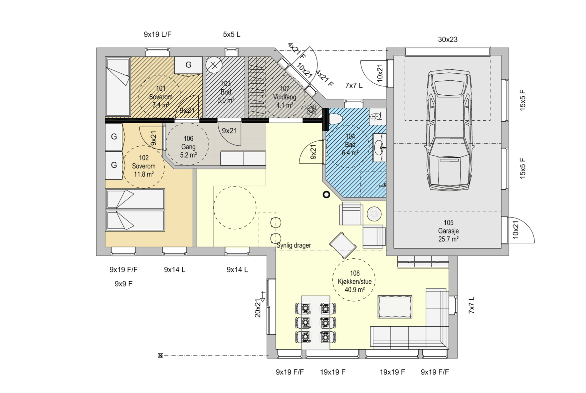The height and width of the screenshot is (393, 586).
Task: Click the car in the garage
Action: (x=449, y=130)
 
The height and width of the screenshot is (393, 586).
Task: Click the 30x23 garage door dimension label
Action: (x=448, y=40)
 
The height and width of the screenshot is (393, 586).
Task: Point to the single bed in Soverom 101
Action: (x=118, y=86)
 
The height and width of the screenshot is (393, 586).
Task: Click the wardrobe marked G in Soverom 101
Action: (x=188, y=65)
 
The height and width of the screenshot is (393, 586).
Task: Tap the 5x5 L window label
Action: (x=232, y=34)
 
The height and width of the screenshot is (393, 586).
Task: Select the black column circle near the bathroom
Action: (x=326, y=194)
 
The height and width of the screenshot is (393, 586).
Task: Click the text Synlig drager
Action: (x=294, y=245)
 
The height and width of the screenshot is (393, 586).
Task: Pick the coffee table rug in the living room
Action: (x=395, y=307)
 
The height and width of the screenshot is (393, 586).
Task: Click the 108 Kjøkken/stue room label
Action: (x=355, y=281)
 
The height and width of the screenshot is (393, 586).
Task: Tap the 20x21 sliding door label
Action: (x=258, y=308)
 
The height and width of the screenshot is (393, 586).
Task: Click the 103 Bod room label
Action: (x=226, y=92)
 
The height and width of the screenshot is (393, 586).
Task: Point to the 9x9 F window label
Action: (x=124, y=284)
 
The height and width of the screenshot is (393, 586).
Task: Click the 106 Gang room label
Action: (x=188, y=147)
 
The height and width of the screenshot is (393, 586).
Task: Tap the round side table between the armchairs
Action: (x=374, y=214)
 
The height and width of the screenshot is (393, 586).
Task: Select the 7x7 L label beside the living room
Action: (x=472, y=305)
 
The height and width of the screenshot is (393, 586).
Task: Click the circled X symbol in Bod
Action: (x=214, y=65)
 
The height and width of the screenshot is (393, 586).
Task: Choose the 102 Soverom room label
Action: (x=144, y=166)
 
